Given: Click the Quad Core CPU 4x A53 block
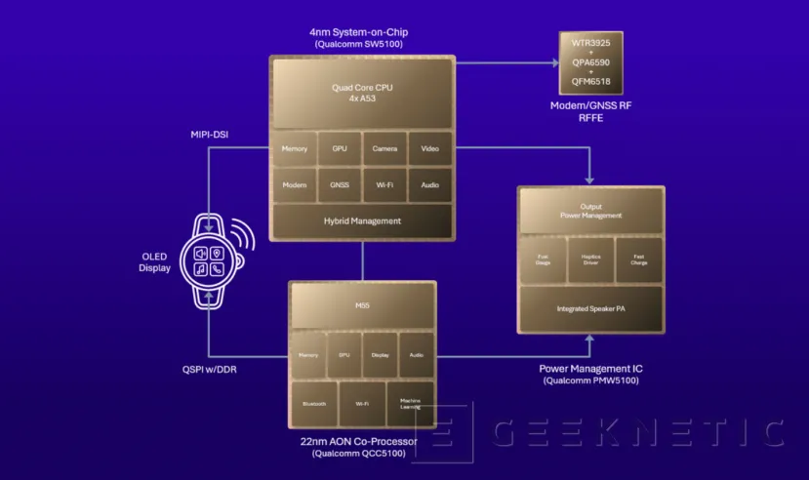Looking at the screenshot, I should coord(362,93).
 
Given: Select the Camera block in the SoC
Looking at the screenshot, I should coord(384,149).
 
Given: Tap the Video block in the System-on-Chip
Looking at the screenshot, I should coord(429,149).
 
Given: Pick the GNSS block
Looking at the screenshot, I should coord(340,183).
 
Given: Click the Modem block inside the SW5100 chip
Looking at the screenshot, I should coord(295,183).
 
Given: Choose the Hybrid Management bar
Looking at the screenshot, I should coord(362,221).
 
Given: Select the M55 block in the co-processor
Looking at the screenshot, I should coord(362,305).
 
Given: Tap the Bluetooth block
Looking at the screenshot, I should coord(313,402).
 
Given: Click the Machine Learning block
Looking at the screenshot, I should coord(409,402).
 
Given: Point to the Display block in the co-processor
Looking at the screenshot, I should coord(380,356).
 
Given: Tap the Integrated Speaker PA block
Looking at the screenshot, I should coord(590,309).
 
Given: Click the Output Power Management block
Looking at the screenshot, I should coord(590,212).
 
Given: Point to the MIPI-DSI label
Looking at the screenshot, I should coord(211,134).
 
